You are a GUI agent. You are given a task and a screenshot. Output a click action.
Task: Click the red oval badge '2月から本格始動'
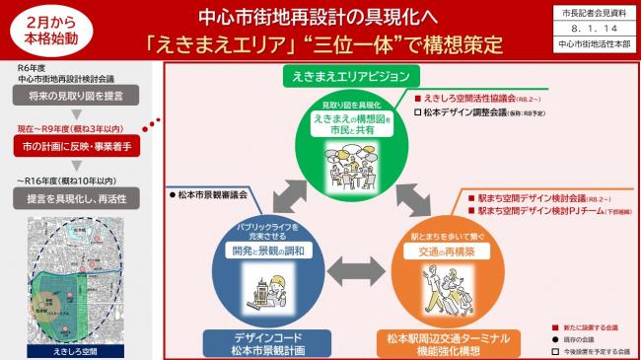(x=46, y=33)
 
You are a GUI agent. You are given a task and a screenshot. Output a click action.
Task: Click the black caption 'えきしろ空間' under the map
(x=73, y=351)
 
